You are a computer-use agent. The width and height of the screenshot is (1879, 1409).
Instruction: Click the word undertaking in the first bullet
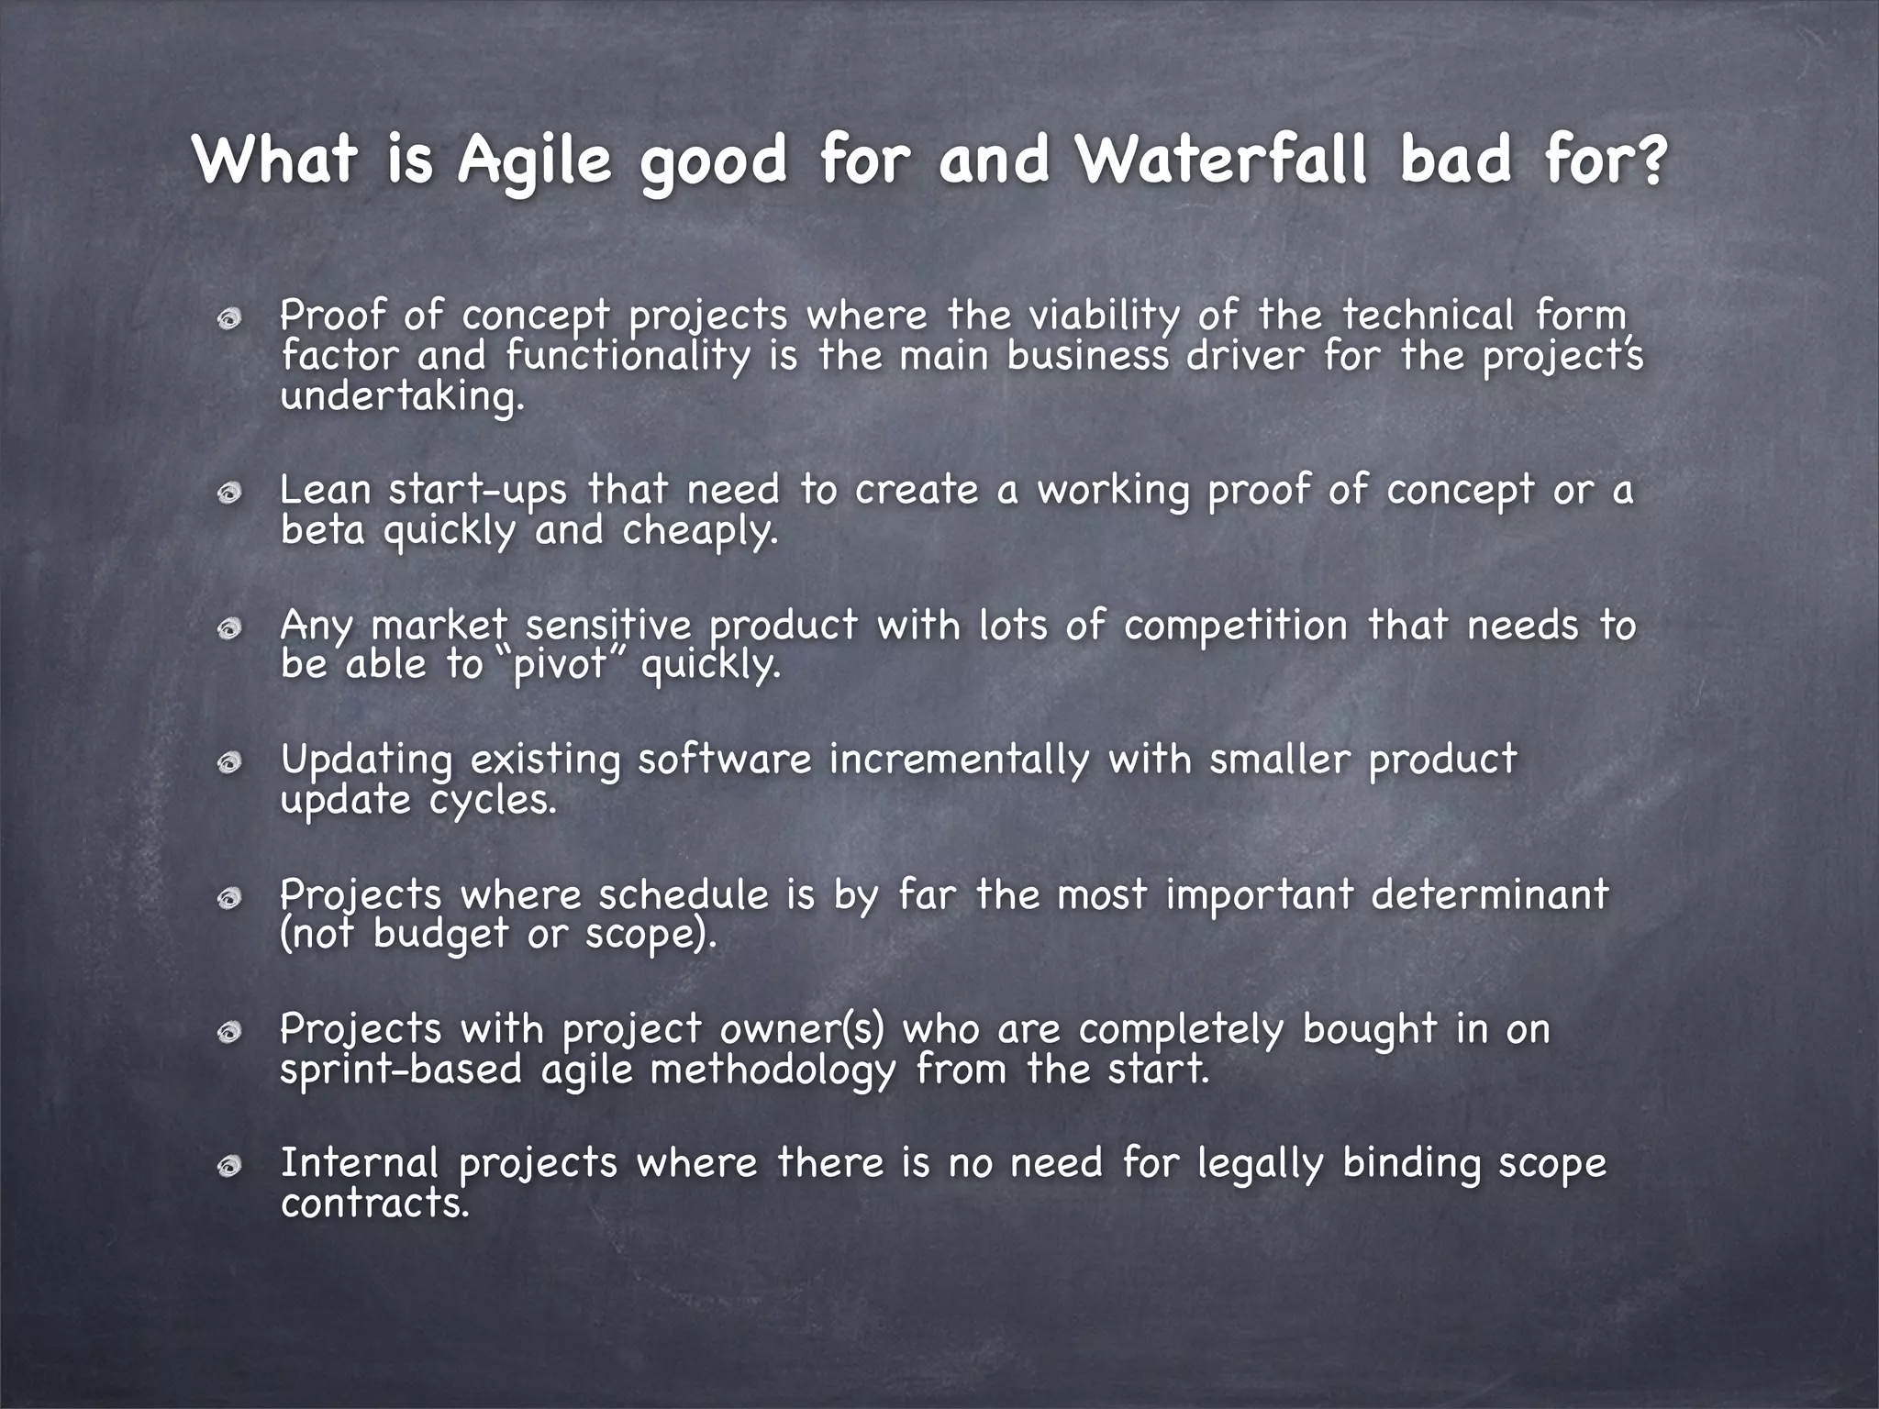402,397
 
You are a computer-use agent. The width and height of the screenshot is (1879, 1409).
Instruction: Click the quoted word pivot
561,664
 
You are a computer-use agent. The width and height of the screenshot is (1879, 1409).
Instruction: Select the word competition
1236,627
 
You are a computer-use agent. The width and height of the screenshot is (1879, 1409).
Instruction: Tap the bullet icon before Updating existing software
229,762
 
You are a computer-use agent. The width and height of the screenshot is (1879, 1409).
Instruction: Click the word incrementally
959,760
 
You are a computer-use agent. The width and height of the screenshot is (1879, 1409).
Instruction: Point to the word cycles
492,801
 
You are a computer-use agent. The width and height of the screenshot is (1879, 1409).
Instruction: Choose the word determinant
1490,894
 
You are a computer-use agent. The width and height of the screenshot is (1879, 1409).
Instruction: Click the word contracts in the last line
374,1204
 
